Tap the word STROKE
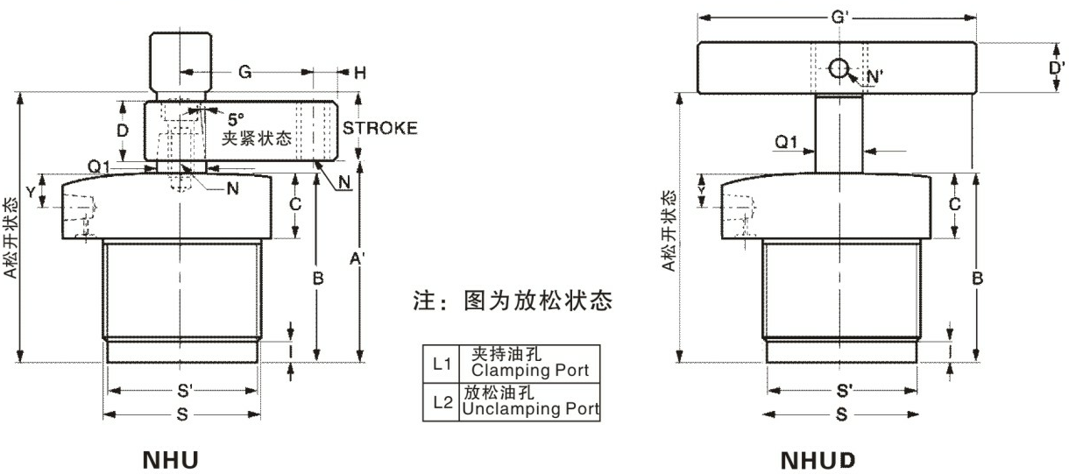coord(379,128)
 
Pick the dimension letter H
coord(358,73)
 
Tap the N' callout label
coord(873,77)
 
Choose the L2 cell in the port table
coord(441,402)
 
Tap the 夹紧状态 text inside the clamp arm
coord(254,138)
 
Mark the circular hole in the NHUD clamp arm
coord(839,68)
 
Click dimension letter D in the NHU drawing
coord(124,131)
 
